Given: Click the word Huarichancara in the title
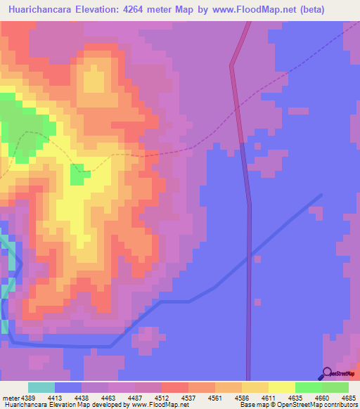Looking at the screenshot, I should [x=41, y=9].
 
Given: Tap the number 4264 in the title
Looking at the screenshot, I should [x=143, y=9].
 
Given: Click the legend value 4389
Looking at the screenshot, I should [x=30, y=398].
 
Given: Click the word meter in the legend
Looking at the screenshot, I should [x=11, y=398].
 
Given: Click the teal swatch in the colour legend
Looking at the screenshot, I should [x=41, y=387].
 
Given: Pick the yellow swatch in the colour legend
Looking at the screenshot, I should [x=281, y=387].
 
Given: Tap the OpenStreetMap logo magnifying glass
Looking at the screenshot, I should [x=326, y=373].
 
